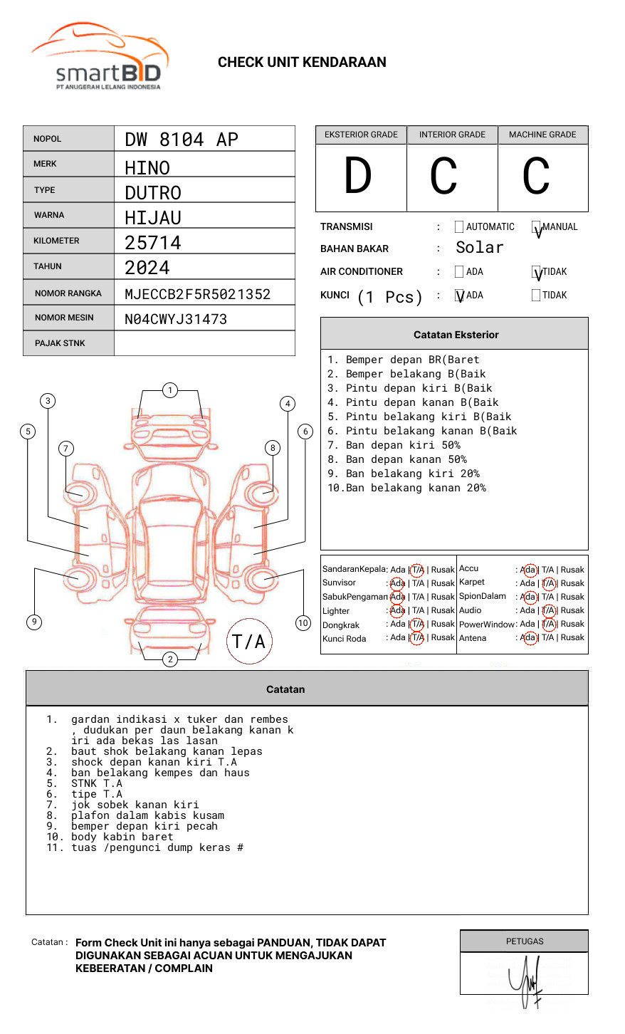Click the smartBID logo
point(100,57)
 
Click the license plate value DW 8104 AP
point(182,140)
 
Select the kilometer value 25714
point(153,243)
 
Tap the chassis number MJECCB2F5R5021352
point(197,294)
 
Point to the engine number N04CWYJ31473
point(176,319)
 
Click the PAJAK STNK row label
point(60,343)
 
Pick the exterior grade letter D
point(358,177)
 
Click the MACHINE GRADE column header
point(542,135)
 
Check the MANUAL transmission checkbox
point(537,228)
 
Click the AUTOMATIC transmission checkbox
point(459,227)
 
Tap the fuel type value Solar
point(479,248)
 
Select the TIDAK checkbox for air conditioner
point(537,273)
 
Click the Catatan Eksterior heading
point(456,335)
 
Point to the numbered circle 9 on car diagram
point(34,622)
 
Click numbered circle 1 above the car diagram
point(169,390)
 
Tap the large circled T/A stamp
point(249,641)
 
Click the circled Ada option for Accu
point(529,570)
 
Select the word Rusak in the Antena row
point(572,637)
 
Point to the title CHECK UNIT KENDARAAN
point(302,63)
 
